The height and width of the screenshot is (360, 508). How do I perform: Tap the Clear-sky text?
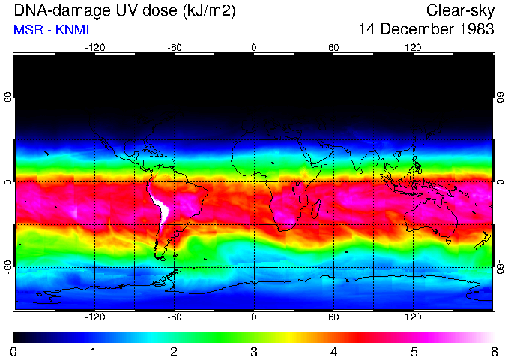[x=460, y=10]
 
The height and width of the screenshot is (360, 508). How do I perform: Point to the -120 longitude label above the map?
[x=94, y=47]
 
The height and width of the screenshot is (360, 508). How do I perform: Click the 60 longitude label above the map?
[x=333, y=47]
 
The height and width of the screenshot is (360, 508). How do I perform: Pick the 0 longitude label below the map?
[x=254, y=317]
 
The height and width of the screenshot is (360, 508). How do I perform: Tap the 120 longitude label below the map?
[x=413, y=317]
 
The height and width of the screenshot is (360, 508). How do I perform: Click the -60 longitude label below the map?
[x=174, y=317]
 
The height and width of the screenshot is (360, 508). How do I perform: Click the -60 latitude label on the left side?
[x=8, y=267]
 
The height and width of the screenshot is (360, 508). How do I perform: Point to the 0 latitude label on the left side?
[x=8, y=181]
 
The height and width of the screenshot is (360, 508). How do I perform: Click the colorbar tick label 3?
[x=254, y=352]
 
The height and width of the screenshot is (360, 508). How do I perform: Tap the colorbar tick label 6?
[x=494, y=352]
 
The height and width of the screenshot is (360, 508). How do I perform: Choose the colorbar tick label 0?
[x=14, y=352]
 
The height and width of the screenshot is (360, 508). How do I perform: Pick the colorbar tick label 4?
[x=334, y=352]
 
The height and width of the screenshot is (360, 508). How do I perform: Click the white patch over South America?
[x=160, y=206]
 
